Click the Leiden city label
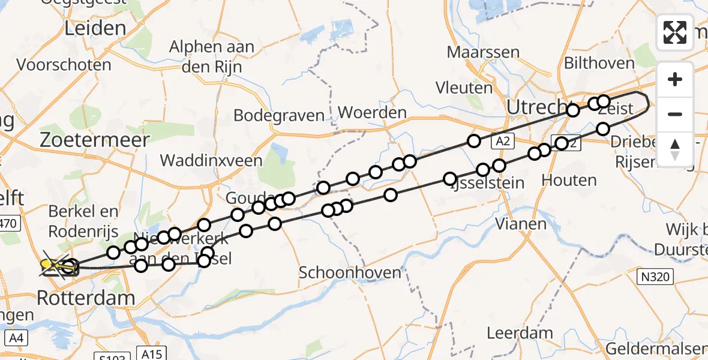(x=97, y=28)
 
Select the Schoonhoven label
(x=350, y=272)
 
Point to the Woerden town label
(x=372, y=112)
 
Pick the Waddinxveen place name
(x=211, y=160)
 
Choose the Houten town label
(x=560, y=179)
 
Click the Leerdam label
(x=512, y=333)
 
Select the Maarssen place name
(x=483, y=52)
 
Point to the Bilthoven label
(x=599, y=63)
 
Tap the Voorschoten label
(x=64, y=65)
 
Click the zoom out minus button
(x=675, y=114)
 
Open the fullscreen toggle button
(x=675, y=32)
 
